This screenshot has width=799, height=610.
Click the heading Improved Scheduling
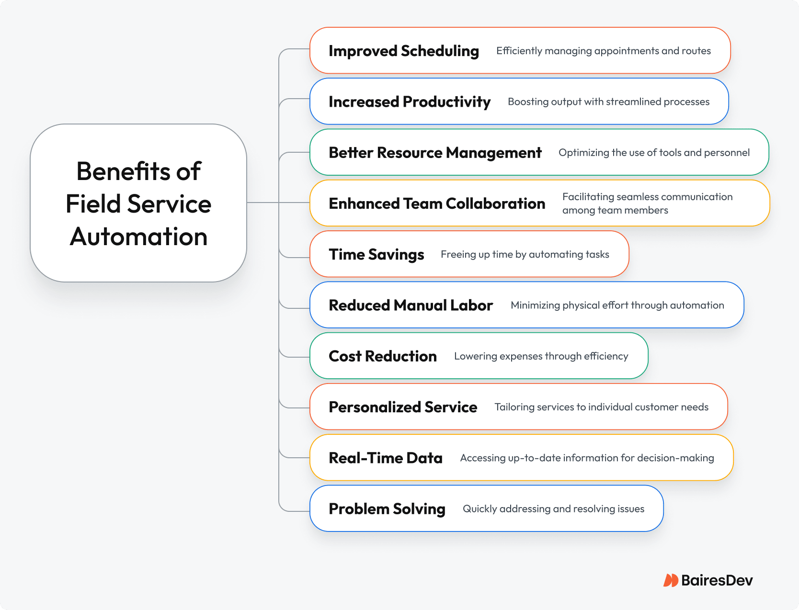404,51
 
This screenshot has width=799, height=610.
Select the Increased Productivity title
410,102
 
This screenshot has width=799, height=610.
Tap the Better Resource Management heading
435,153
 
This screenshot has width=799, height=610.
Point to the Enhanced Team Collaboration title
437,203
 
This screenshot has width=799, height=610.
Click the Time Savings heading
377,255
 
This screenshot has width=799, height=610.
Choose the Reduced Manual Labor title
411,305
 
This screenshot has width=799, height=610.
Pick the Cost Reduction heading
383,356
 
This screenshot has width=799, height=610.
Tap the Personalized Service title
402,407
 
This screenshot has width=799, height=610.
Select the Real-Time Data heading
386,458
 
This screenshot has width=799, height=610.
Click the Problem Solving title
387,509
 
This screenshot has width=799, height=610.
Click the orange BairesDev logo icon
671,580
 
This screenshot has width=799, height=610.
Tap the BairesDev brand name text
717,580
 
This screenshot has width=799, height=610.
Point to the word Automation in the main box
138,237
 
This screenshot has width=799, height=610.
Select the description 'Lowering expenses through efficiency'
541,356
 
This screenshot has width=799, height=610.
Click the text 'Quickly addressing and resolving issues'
553,509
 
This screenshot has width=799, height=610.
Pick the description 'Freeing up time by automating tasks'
525,255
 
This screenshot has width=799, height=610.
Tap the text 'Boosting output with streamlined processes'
609,102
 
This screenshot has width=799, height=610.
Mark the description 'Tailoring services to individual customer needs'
601,407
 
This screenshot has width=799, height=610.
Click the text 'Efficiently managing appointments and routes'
604,51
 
